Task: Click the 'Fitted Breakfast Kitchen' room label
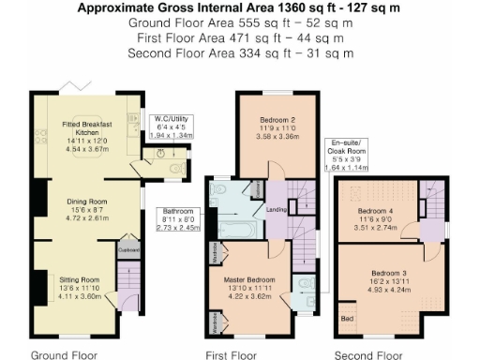pyautogui.click(x=95, y=129)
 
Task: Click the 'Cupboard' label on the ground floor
pyautogui.click(x=129, y=250)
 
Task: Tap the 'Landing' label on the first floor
pyautogui.click(x=276, y=209)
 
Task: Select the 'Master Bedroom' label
pyautogui.click(x=250, y=279)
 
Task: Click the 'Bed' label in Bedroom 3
pyautogui.click(x=348, y=321)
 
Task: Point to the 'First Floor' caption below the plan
pyautogui.click(x=231, y=355)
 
